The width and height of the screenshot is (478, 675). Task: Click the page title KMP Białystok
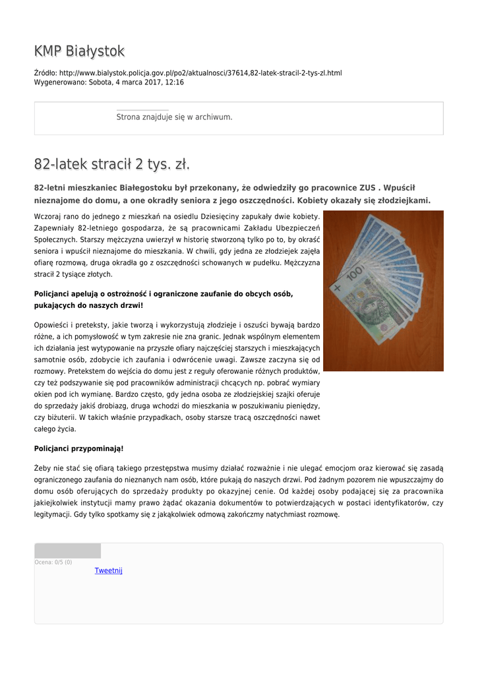79,51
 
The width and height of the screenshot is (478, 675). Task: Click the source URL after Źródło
200,73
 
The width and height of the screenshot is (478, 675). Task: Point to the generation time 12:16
175,83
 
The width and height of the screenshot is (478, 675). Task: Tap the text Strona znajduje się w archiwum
174,117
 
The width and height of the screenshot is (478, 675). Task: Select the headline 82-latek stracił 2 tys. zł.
112,164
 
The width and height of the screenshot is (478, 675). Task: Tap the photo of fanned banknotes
383,291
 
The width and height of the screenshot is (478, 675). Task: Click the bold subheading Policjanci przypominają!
78,448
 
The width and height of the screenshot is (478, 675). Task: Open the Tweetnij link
109,571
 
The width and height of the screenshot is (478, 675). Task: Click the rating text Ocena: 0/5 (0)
53,562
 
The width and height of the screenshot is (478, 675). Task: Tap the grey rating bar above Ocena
67,551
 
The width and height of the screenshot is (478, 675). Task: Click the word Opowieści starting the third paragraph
51,325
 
